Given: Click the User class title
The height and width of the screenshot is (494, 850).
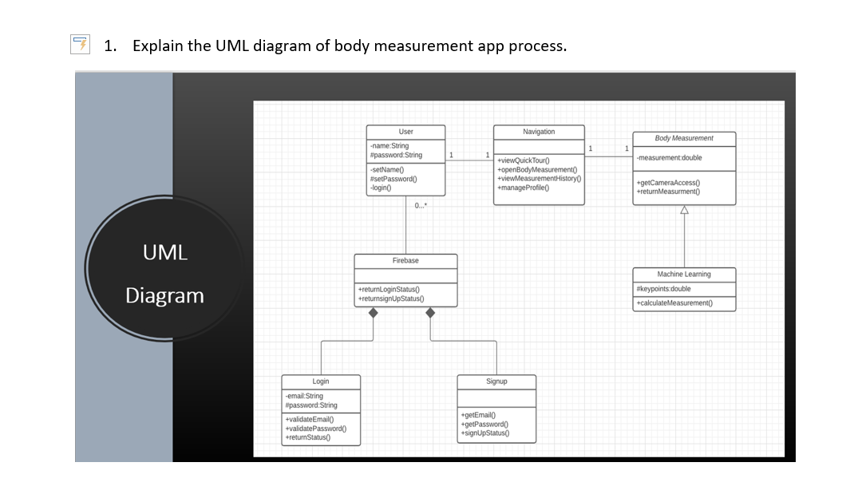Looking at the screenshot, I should [x=405, y=132].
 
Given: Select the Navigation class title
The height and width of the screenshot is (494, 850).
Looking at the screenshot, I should [x=539, y=132].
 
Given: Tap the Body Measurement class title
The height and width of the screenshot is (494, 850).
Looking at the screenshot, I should [x=684, y=139].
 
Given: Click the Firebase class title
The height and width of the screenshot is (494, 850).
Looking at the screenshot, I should [x=405, y=261].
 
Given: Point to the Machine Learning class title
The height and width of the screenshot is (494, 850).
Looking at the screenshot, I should [x=684, y=275].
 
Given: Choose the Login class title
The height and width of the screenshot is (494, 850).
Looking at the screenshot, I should [x=320, y=381].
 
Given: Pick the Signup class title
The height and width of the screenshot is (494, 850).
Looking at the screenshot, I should [x=496, y=381].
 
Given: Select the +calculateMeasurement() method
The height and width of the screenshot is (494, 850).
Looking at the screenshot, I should [x=674, y=303].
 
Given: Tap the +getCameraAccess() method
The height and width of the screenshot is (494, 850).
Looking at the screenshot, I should [x=669, y=184].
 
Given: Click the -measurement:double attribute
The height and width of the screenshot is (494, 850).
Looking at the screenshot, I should [x=669, y=158].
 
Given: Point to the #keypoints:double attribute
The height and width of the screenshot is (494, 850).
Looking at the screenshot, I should [x=663, y=289].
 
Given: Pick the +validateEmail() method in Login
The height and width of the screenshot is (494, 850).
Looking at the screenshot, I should [x=309, y=419].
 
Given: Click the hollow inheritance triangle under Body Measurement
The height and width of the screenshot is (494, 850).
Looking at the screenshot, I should [x=684, y=210].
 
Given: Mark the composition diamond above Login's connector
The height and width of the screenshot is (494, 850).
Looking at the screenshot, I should [x=373, y=313].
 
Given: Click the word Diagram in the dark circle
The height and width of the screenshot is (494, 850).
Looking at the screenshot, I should [x=164, y=296].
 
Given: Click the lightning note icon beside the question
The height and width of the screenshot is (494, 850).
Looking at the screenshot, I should [x=79, y=45].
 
